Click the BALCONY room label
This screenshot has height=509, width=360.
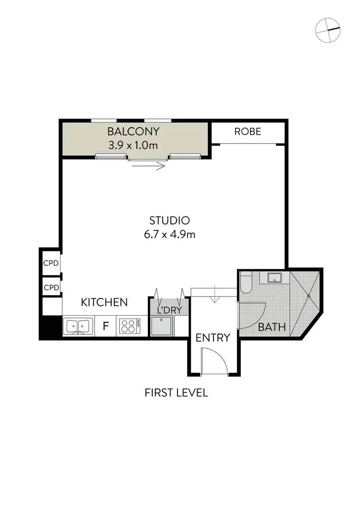tap(133, 131)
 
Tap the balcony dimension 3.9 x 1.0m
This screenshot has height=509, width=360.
tap(133, 145)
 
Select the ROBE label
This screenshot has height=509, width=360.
tap(248, 131)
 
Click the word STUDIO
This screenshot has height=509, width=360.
tap(170, 221)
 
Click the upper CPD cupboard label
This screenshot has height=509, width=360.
tap(51, 263)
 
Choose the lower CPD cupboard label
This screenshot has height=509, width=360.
tap(51, 288)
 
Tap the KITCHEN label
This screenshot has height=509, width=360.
tap(104, 302)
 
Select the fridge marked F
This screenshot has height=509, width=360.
tap(106, 327)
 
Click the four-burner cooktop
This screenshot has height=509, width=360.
tap(129, 326)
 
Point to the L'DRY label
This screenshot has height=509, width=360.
tap(169, 310)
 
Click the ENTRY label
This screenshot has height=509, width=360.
tap(213, 338)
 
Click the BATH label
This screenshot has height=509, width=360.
tap(272, 327)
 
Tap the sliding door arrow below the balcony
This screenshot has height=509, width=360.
tap(148, 166)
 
